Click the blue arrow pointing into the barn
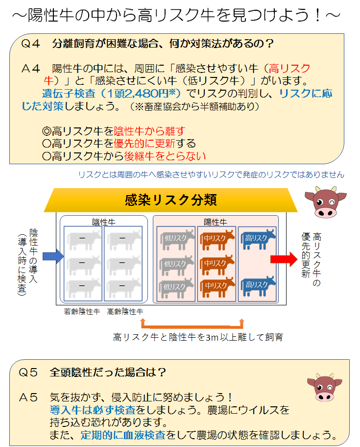(x=53, y=256)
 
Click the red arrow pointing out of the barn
(x=284, y=259)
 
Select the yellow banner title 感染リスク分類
(x=170, y=200)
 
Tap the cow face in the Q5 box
(x=324, y=387)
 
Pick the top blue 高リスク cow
(x=259, y=239)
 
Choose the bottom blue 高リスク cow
(x=259, y=286)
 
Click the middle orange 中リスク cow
(x=217, y=264)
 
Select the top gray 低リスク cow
(x=177, y=240)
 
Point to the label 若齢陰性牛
(x=82, y=311)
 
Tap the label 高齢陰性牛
(x=125, y=311)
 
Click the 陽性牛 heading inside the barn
(x=216, y=222)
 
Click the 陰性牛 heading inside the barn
(x=104, y=222)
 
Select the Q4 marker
(x=30, y=44)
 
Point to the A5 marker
(x=28, y=397)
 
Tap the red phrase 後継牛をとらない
(x=165, y=156)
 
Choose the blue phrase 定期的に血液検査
(x=123, y=435)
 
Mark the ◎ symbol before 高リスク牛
(x=47, y=131)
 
